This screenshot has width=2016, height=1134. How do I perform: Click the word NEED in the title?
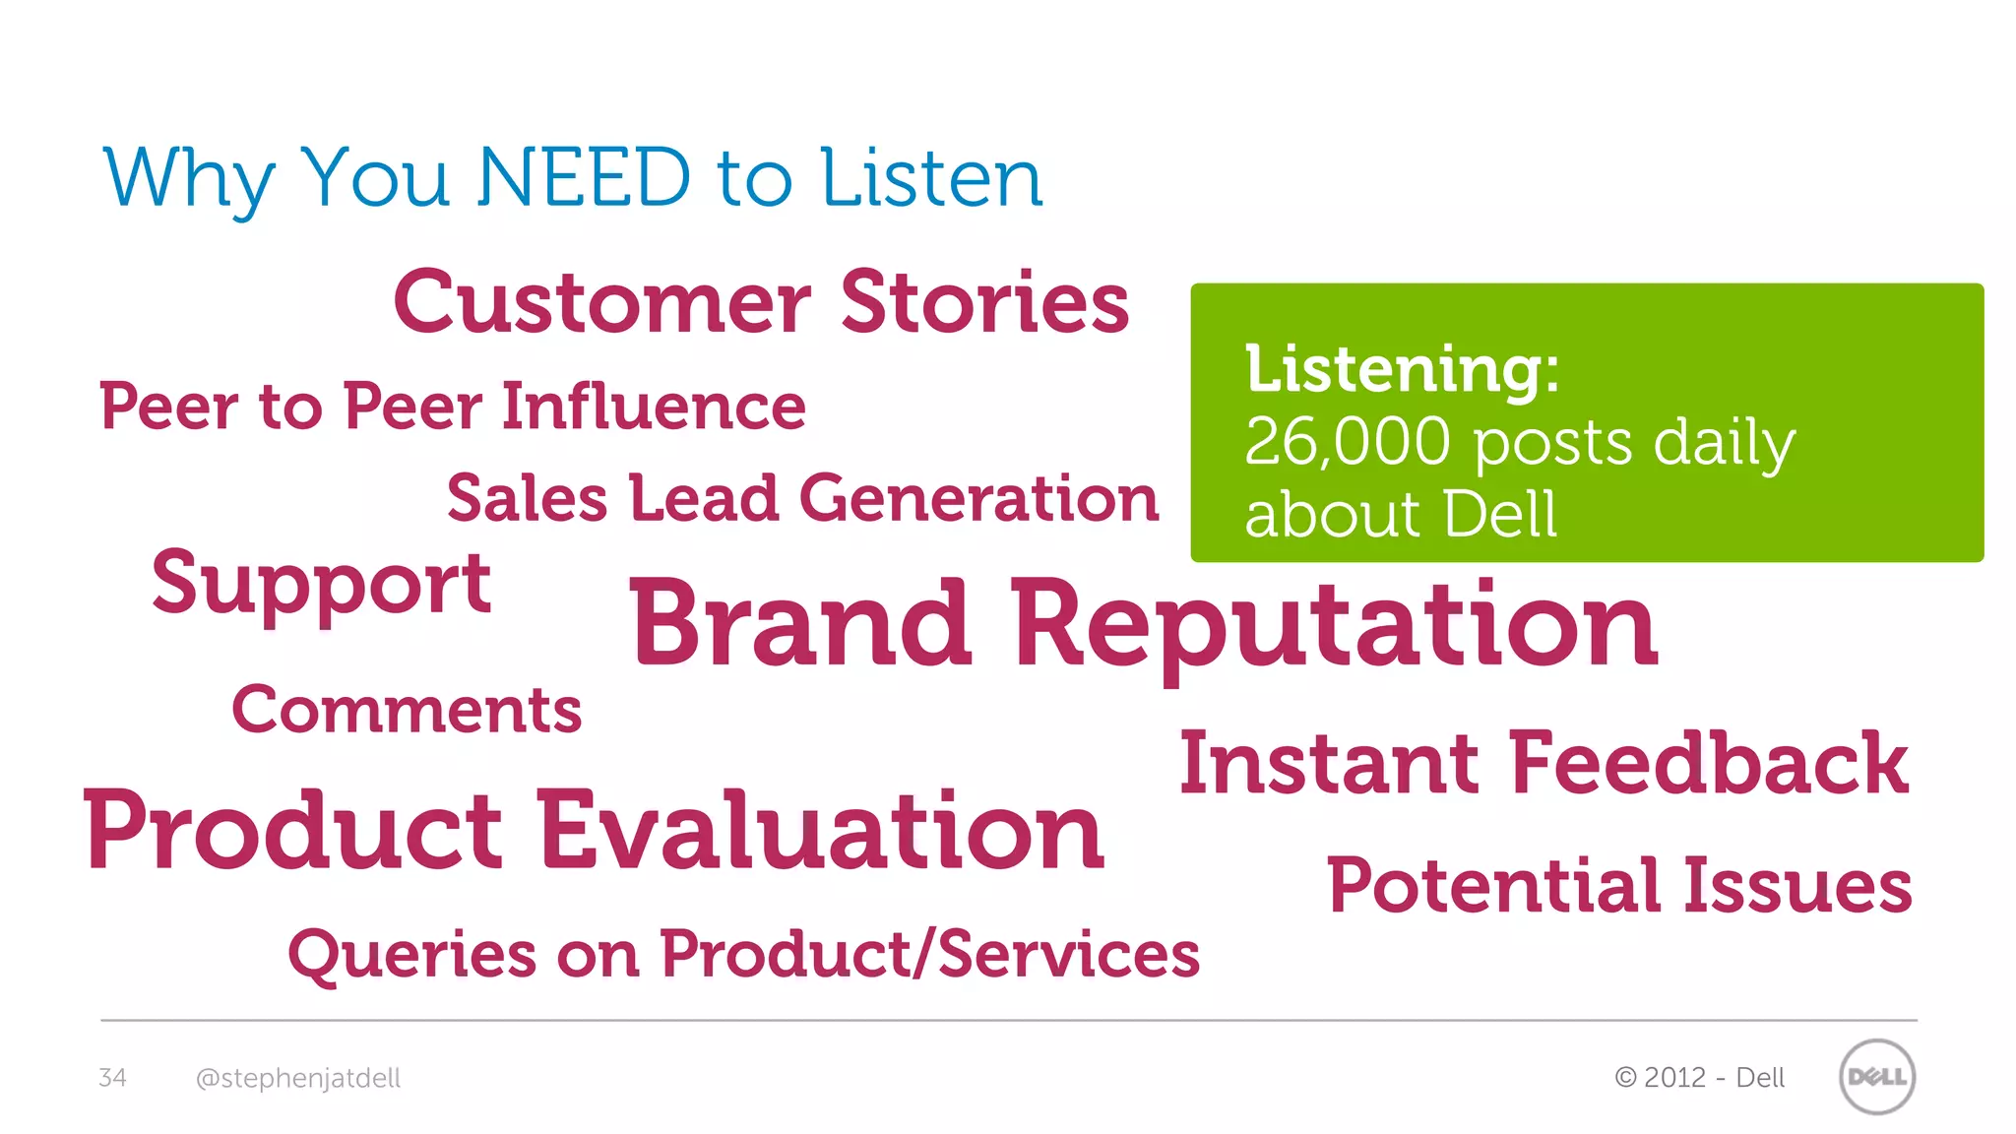coord(584,178)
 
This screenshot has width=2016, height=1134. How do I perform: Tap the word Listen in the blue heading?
coord(931,178)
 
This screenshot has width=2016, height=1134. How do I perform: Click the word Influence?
coord(654,407)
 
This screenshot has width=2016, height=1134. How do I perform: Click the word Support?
coord(321,586)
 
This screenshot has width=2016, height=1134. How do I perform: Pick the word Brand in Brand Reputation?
coord(800,624)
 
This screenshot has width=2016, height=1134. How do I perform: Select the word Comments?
coord(407,710)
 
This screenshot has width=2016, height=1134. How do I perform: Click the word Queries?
coord(412,955)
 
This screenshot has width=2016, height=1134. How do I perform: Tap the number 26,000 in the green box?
coord(1347,442)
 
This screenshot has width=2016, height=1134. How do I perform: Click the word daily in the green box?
coord(1724,444)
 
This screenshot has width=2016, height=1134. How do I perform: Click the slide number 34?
coord(112,1078)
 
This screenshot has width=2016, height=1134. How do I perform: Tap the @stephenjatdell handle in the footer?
coord(298,1079)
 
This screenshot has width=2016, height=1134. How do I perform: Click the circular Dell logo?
coord(1876,1077)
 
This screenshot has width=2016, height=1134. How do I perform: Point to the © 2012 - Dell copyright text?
coord(1699,1078)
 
